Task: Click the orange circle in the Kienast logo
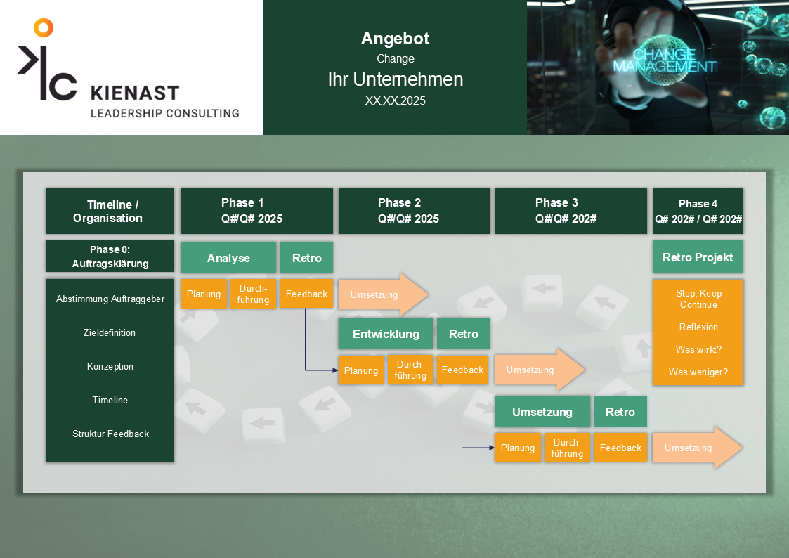pos(44,27)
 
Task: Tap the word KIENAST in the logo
pos(135,93)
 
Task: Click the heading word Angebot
pos(395,39)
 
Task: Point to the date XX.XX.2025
pos(395,100)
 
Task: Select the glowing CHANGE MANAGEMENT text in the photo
pos(664,61)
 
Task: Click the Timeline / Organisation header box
pos(110,211)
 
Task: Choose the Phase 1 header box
pos(257,211)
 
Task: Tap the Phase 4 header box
pos(698,211)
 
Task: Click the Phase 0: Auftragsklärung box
pos(110,257)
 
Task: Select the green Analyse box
pos(228,258)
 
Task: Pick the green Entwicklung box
pos(386,334)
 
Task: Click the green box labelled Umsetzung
pos(542,412)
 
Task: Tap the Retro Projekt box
pos(698,258)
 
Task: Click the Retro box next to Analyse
pos(306,258)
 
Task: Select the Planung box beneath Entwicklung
pos(361,370)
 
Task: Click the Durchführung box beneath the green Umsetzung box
pos(567,448)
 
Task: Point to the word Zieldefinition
pos(110,332)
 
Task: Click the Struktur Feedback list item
pos(110,434)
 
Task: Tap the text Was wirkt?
pos(698,349)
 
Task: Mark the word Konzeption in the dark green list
pos(110,366)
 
